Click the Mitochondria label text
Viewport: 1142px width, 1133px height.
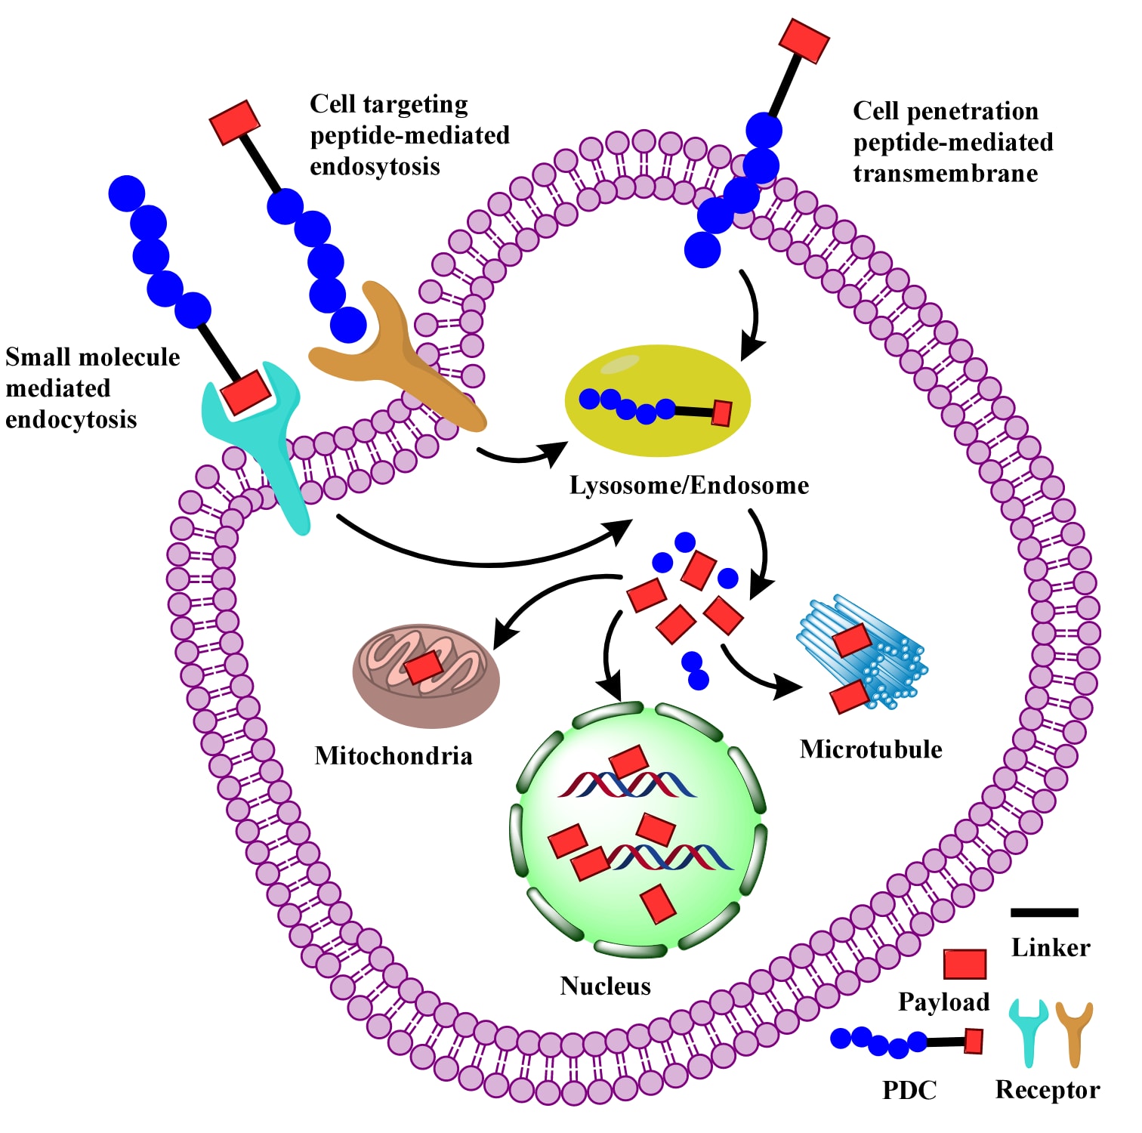point(394,755)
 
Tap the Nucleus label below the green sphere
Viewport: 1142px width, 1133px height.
point(605,986)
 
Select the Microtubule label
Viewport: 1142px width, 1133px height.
point(871,749)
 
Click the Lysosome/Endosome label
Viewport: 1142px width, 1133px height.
point(689,485)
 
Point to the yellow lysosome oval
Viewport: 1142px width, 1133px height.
point(657,378)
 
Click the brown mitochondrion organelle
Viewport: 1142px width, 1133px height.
point(426,676)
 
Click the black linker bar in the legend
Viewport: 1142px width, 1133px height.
point(1044,912)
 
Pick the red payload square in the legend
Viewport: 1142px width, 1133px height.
point(965,964)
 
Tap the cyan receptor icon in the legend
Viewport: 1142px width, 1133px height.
point(1029,1031)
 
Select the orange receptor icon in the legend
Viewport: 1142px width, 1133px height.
point(1074,1031)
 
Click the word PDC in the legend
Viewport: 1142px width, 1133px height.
point(909,1090)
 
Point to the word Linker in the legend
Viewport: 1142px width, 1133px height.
point(1051,948)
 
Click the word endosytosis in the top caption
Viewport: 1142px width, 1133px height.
point(375,167)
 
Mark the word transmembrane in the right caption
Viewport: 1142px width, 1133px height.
point(946,174)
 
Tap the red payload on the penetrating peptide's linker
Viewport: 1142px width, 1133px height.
point(804,41)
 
